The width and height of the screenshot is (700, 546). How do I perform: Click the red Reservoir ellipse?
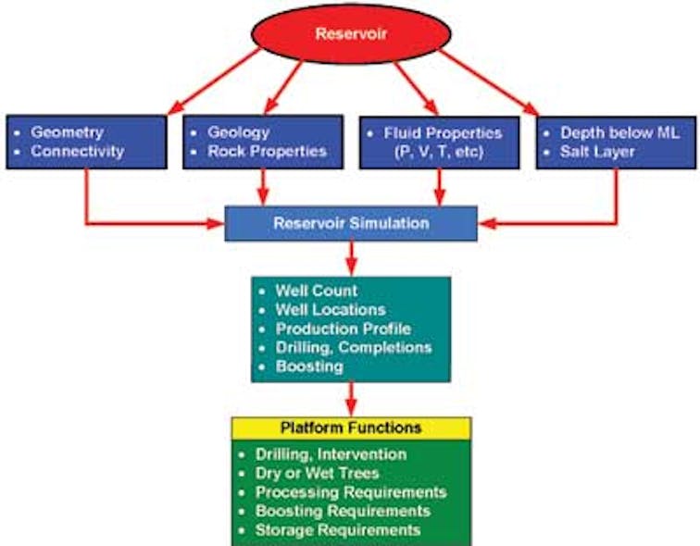(x=350, y=36)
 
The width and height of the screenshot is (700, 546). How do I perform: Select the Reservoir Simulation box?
(x=351, y=223)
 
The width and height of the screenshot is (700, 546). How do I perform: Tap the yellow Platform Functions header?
(x=351, y=428)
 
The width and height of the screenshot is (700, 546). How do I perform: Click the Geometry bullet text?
(x=68, y=132)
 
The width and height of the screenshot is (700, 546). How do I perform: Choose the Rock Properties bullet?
(x=268, y=151)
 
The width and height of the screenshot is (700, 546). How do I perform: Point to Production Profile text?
(x=343, y=329)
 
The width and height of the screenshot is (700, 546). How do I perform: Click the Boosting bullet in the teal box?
(x=309, y=366)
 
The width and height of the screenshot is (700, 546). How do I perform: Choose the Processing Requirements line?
(x=351, y=491)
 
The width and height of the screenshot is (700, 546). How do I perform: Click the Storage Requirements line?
(x=338, y=529)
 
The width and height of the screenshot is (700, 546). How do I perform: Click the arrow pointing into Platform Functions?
(x=351, y=399)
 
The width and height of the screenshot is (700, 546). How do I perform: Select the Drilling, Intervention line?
(x=331, y=454)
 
